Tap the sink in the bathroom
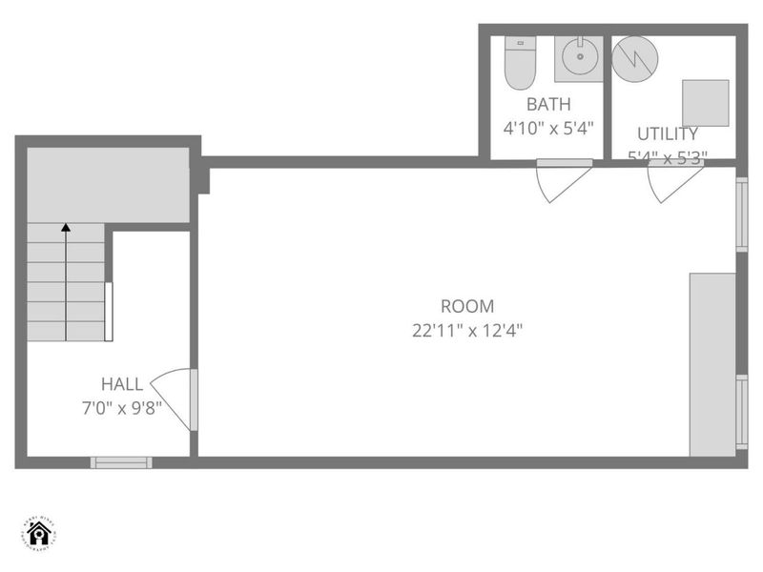click(580, 58)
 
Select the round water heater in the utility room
click(633, 59)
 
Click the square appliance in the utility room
click(706, 103)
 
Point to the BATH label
click(548, 105)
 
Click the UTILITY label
click(668, 133)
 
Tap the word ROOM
click(467, 307)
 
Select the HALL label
click(122, 384)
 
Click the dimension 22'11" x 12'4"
click(467, 331)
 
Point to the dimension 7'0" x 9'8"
click(122, 407)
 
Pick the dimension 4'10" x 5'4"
click(548, 127)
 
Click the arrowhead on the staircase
click(65, 228)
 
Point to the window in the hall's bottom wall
click(121, 462)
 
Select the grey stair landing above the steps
click(107, 185)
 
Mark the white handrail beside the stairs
click(109, 312)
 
